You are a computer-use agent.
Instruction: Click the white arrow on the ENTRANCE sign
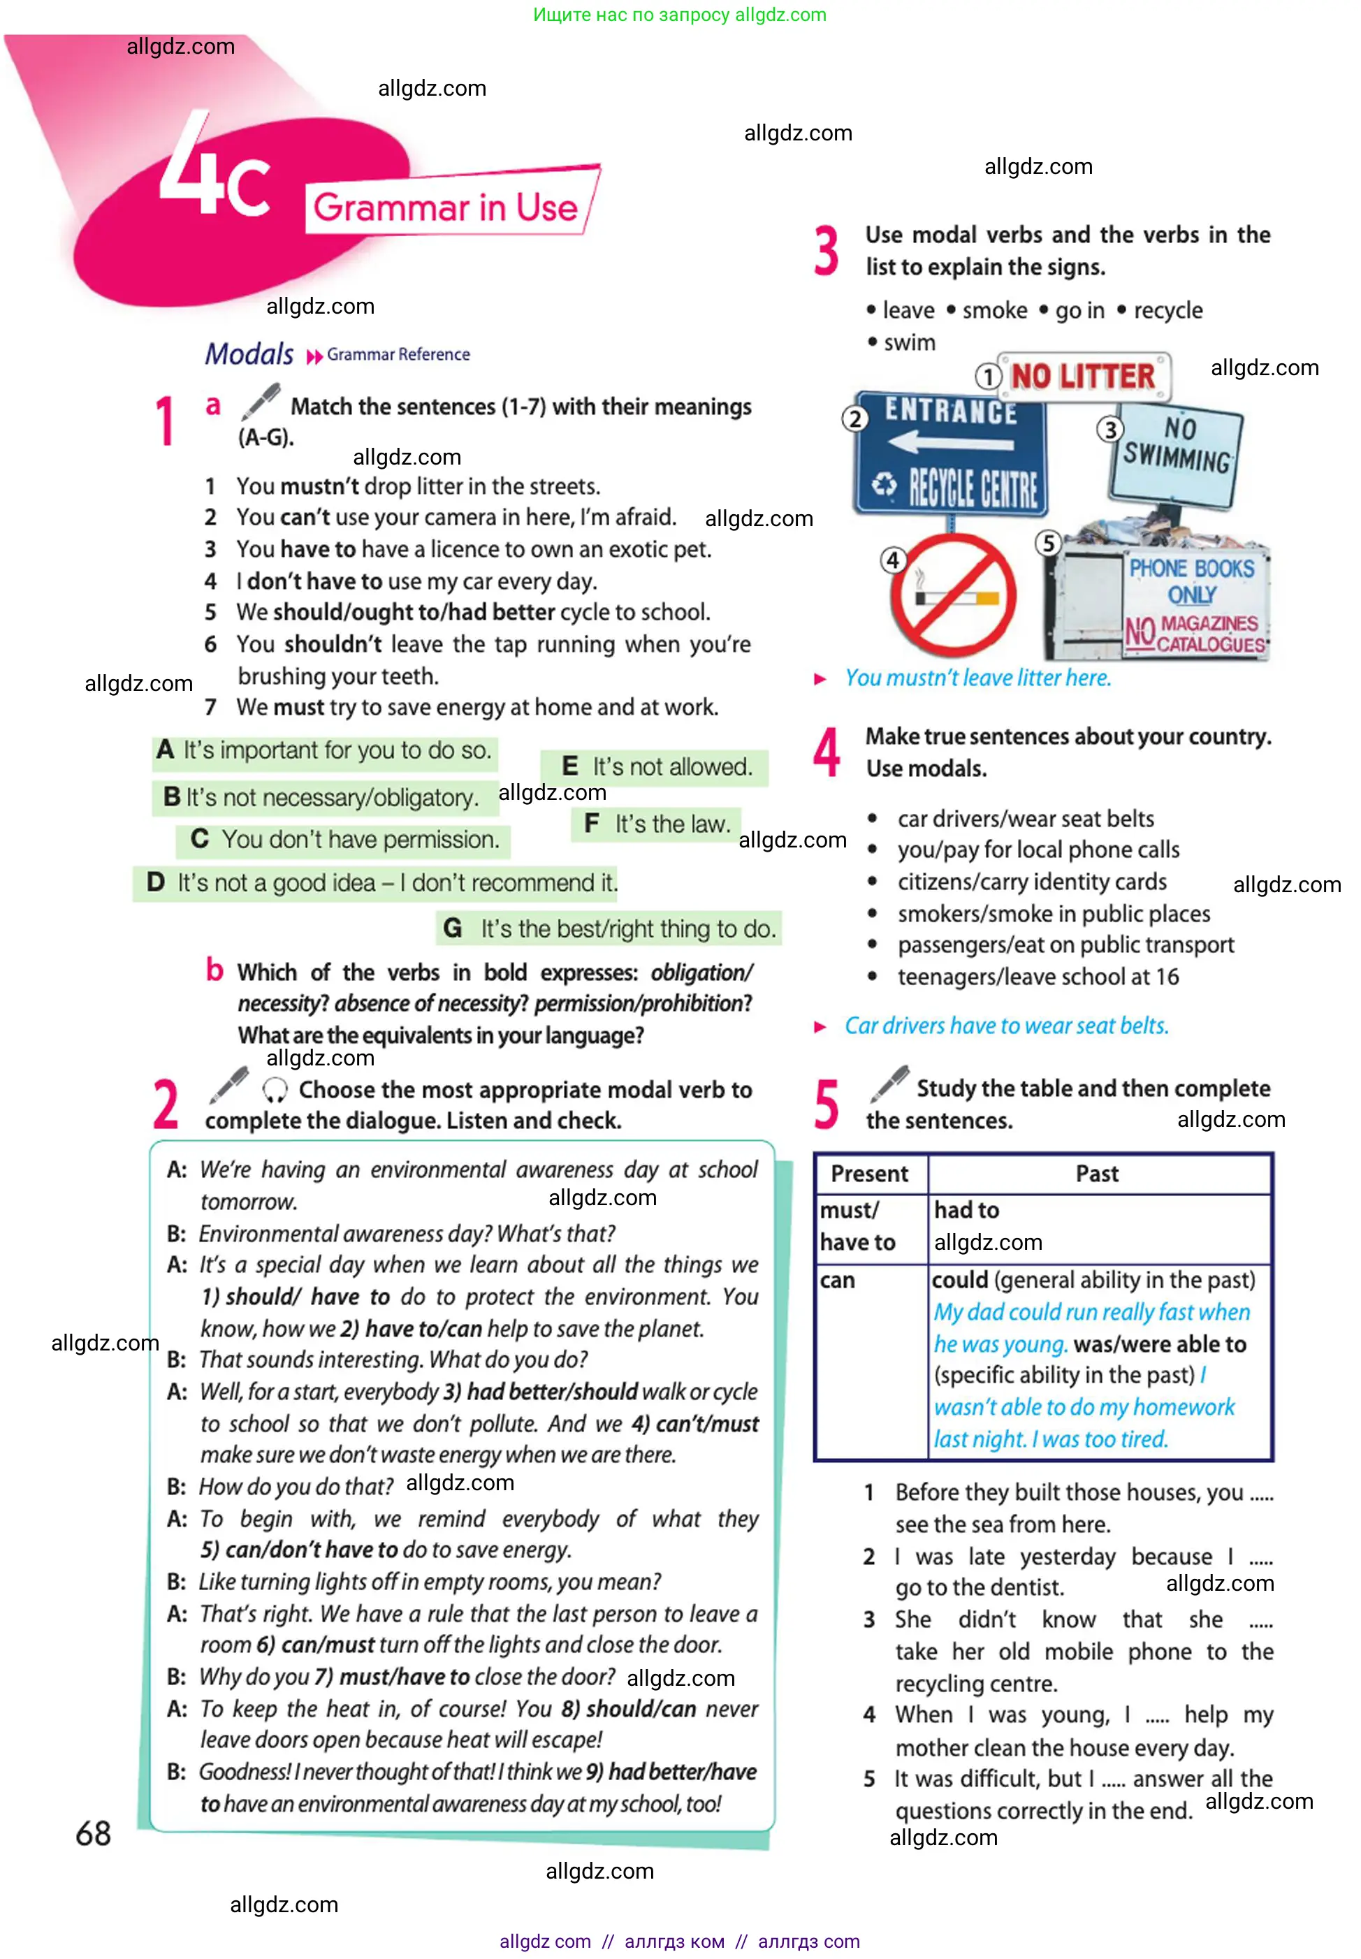[949, 442]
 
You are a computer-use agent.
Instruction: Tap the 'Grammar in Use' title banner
[446, 207]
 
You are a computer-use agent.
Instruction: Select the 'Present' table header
[869, 1174]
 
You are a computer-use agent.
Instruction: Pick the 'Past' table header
[1097, 1174]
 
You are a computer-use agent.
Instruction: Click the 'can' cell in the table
[838, 1281]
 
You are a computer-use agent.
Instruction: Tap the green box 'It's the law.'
[657, 824]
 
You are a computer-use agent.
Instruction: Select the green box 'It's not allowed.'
[655, 767]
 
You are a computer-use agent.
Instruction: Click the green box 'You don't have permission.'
[344, 840]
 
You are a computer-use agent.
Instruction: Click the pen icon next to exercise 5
[889, 1084]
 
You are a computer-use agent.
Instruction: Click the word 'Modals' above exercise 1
[249, 354]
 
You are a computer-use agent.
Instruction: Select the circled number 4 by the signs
[892, 560]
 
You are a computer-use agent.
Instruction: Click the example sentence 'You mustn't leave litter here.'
[977, 678]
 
